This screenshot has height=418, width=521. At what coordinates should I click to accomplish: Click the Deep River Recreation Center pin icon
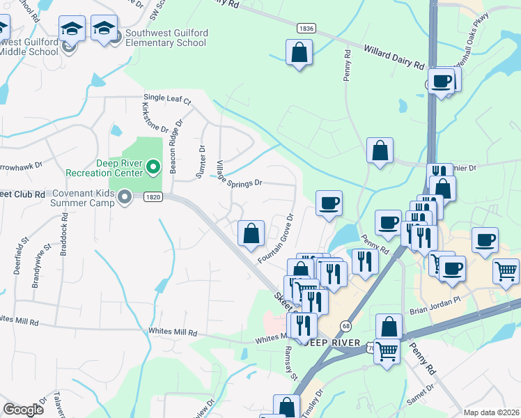(155, 167)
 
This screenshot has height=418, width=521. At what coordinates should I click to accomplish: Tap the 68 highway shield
(345, 326)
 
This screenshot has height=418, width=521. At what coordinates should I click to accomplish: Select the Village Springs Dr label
(239, 174)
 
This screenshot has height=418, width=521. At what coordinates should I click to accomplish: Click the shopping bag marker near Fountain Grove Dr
(251, 234)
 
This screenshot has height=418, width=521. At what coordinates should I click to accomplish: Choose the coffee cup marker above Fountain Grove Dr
(329, 203)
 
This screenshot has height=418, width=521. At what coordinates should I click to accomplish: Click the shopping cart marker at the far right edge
(506, 272)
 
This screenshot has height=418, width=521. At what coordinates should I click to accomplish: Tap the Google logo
(24, 410)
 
